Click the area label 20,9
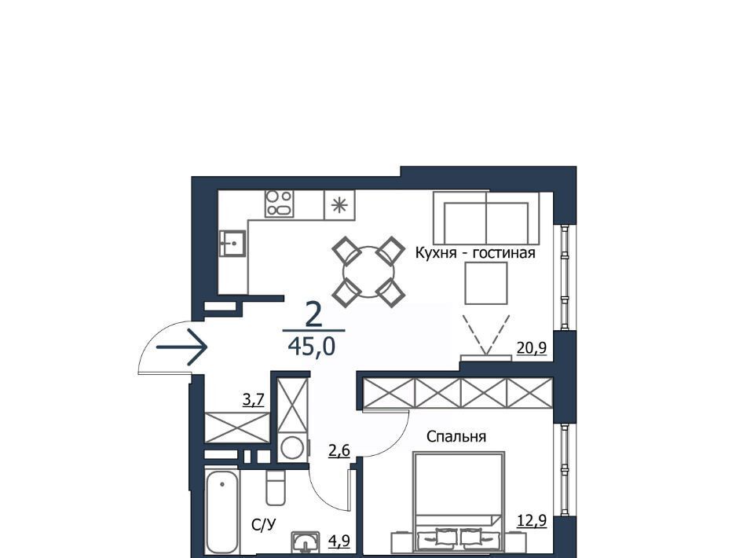tap(532, 347)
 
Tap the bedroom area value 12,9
tap(532, 520)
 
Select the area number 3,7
tap(254, 400)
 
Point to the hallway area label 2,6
tap(339, 451)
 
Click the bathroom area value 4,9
tap(339, 541)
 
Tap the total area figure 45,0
tap(311, 345)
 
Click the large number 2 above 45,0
tap(313, 315)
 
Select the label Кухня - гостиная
tap(475, 252)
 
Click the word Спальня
tap(456, 436)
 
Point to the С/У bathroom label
tap(264, 525)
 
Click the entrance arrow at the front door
tap(181, 347)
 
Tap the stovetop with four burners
tap(279, 204)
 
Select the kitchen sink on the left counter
tap(232, 243)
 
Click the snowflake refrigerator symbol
tap(339, 205)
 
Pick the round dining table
tap(369, 272)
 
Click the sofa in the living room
tap(486, 218)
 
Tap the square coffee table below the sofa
tap(486, 283)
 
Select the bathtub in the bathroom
tap(222, 512)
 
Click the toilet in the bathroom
tap(276, 487)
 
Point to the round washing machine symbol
tap(292, 448)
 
